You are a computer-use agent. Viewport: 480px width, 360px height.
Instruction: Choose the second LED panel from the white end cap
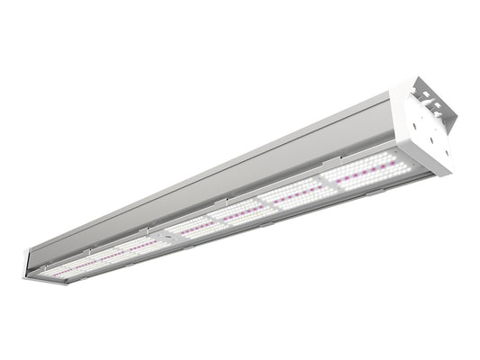(x=298, y=193)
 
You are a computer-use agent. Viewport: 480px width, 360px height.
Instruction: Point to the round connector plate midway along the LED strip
(x=166, y=232)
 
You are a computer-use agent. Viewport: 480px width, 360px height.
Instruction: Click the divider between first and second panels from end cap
(x=326, y=184)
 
